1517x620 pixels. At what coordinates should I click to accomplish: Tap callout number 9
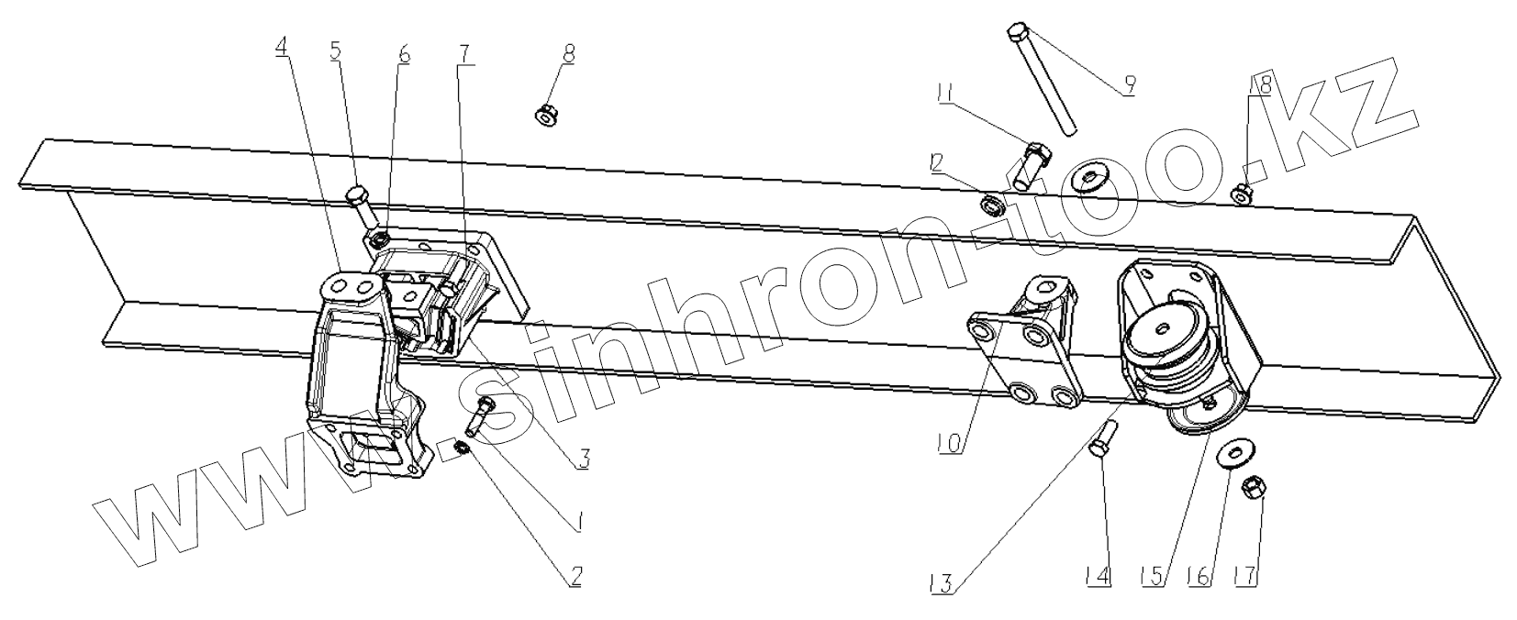(x=1128, y=85)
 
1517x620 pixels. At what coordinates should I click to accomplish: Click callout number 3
(x=582, y=459)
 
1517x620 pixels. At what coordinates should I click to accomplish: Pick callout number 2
(x=575, y=576)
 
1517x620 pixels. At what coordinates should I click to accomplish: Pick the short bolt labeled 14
(x=1104, y=437)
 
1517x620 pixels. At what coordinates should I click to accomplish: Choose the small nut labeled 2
(x=463, y=448)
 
